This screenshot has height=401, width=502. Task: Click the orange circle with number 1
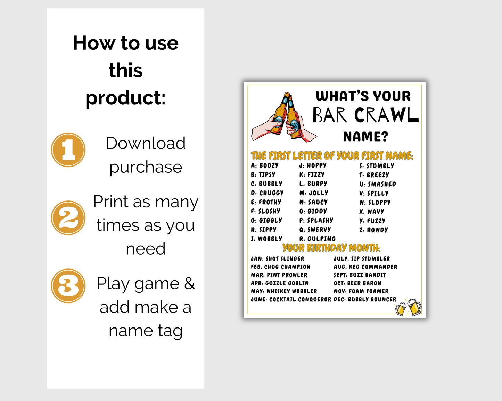68,150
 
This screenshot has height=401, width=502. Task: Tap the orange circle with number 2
68,218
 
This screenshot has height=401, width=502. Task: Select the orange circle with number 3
68,286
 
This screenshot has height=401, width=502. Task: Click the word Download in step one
146,143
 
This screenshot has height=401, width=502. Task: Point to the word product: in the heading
126,98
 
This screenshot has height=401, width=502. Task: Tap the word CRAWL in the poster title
387,115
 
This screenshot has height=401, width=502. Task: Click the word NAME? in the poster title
365,137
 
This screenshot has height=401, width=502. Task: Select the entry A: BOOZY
265,165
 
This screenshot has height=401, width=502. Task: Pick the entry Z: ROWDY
373,230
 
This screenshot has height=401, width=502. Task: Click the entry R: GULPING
318,239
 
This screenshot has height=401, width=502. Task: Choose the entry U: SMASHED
378,184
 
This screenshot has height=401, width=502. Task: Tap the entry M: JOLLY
314,193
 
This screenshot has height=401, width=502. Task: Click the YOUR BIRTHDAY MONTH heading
331,248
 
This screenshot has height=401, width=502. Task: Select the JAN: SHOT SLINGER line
277,259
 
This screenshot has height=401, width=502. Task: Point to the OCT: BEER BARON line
357,283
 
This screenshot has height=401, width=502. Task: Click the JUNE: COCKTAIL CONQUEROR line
291,299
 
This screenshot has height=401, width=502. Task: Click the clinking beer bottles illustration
284,117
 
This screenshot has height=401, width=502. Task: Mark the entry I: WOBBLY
266,239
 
